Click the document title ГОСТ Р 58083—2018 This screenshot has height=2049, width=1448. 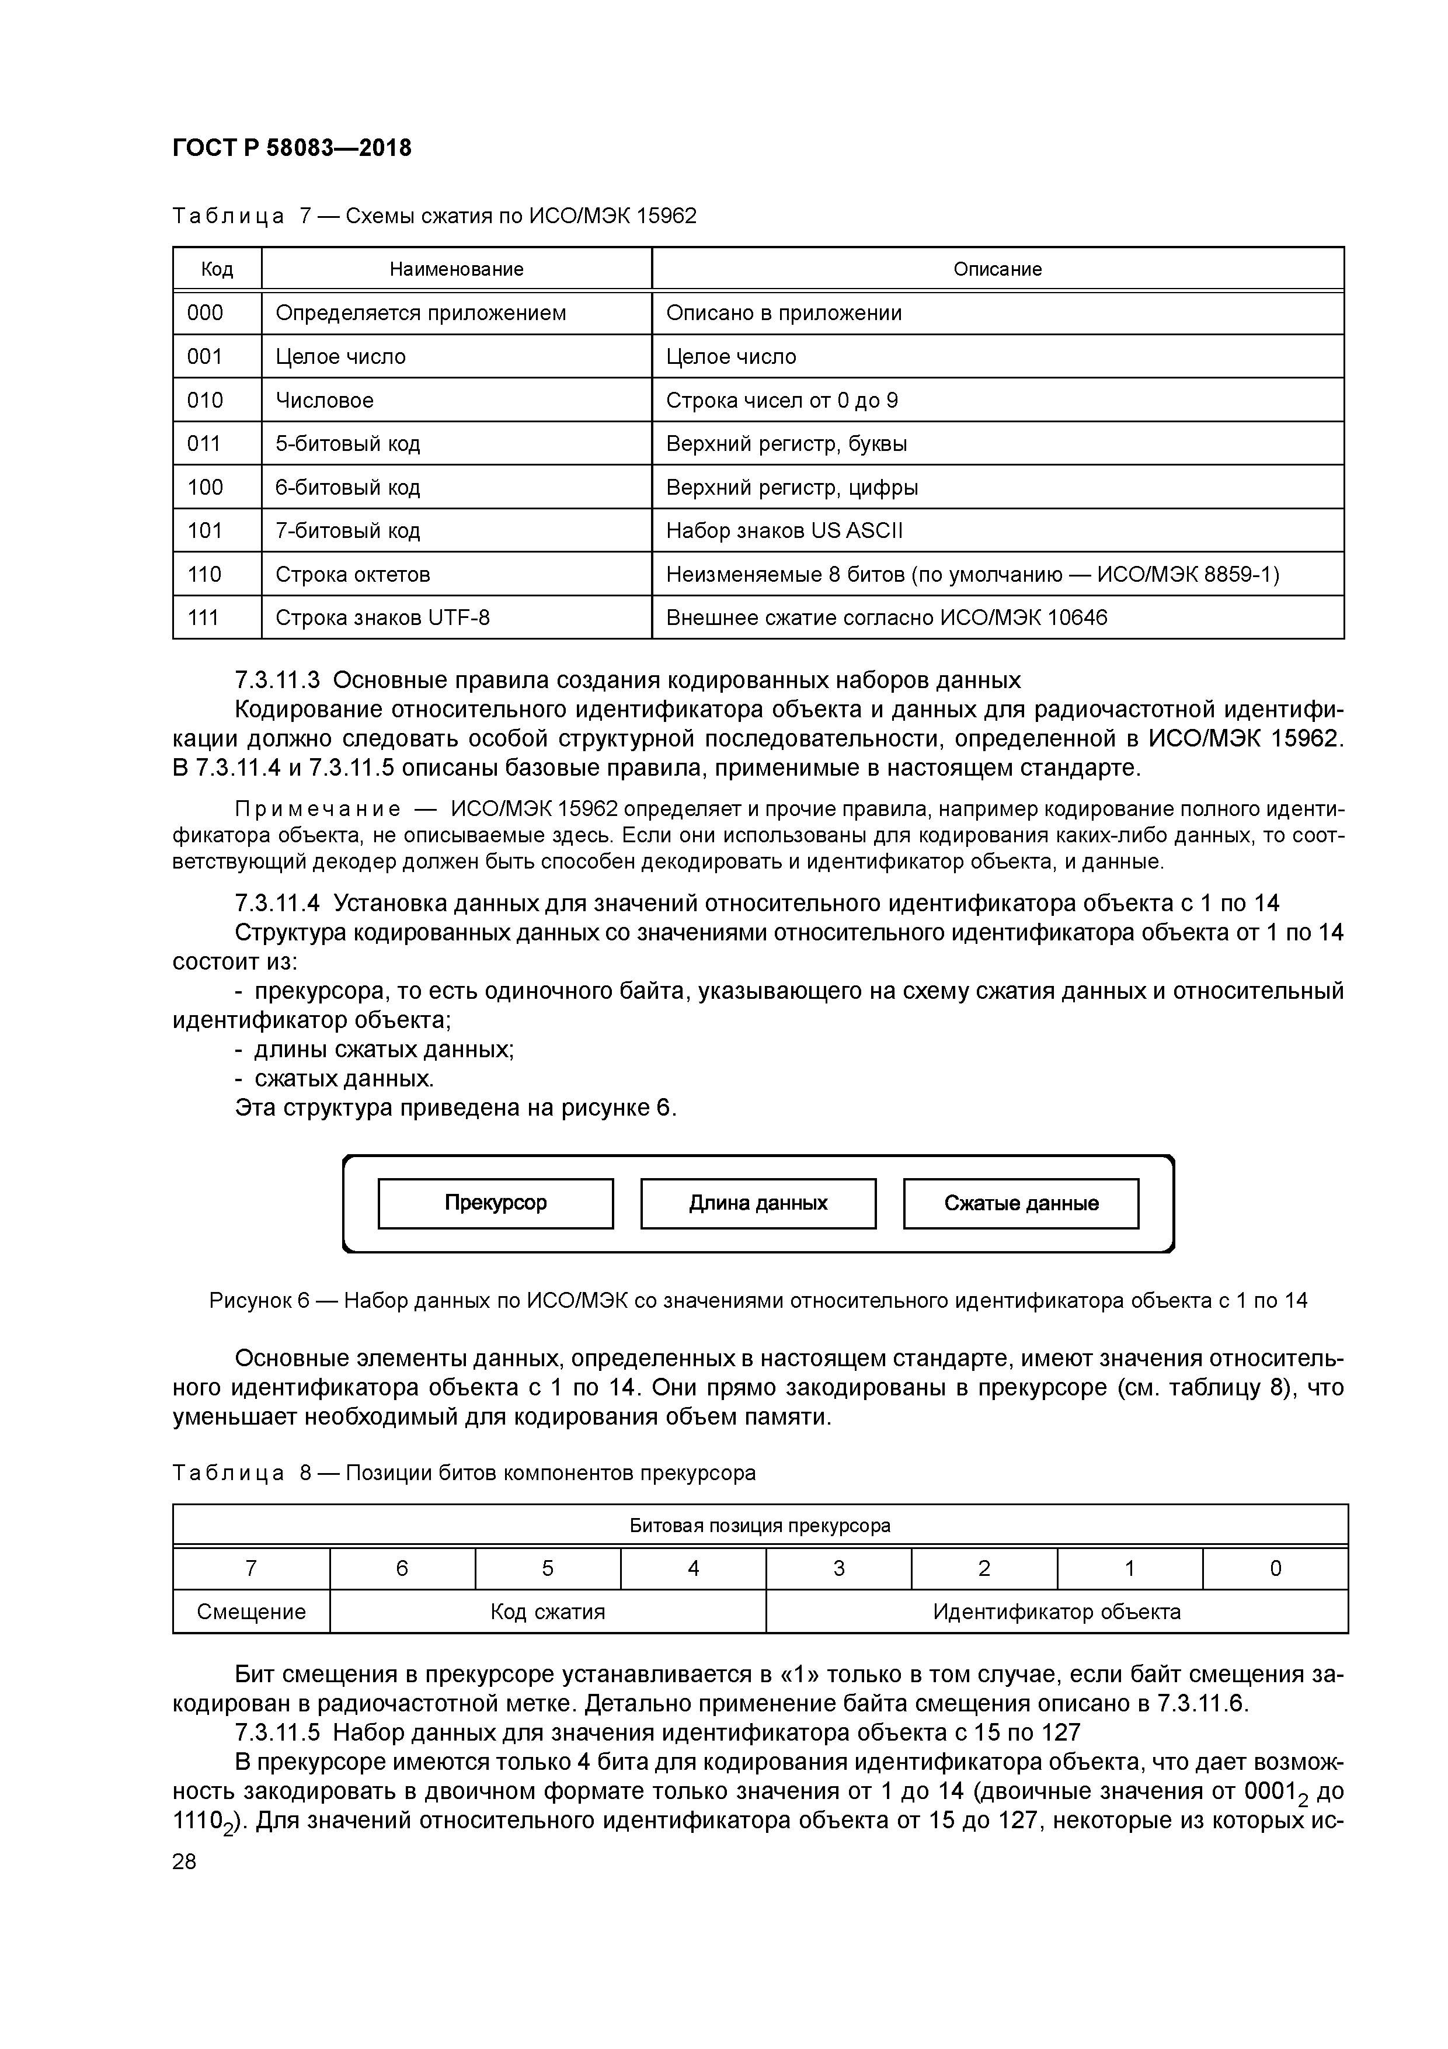pos(292,148)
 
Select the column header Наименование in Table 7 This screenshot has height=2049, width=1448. pos(456,269)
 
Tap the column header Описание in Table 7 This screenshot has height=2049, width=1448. pos(997,269)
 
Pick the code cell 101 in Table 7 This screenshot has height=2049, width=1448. pos(205,531)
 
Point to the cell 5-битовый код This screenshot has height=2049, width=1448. pos(348,443)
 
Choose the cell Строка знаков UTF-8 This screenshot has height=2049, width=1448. pos(383,617)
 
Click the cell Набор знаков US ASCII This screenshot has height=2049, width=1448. pos(784,531)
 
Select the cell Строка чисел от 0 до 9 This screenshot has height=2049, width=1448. pos(782,401)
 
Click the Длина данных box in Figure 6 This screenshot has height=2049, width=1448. pos(758,1203)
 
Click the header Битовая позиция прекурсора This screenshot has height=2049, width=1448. pos(760,1525)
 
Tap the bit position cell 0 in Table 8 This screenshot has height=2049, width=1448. pos(1275,1568)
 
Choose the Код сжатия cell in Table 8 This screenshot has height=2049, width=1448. pos(548,1612)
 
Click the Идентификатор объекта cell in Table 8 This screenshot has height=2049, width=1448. pos(1056,1612)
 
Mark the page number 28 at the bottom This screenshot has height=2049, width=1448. pos(185,1862)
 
